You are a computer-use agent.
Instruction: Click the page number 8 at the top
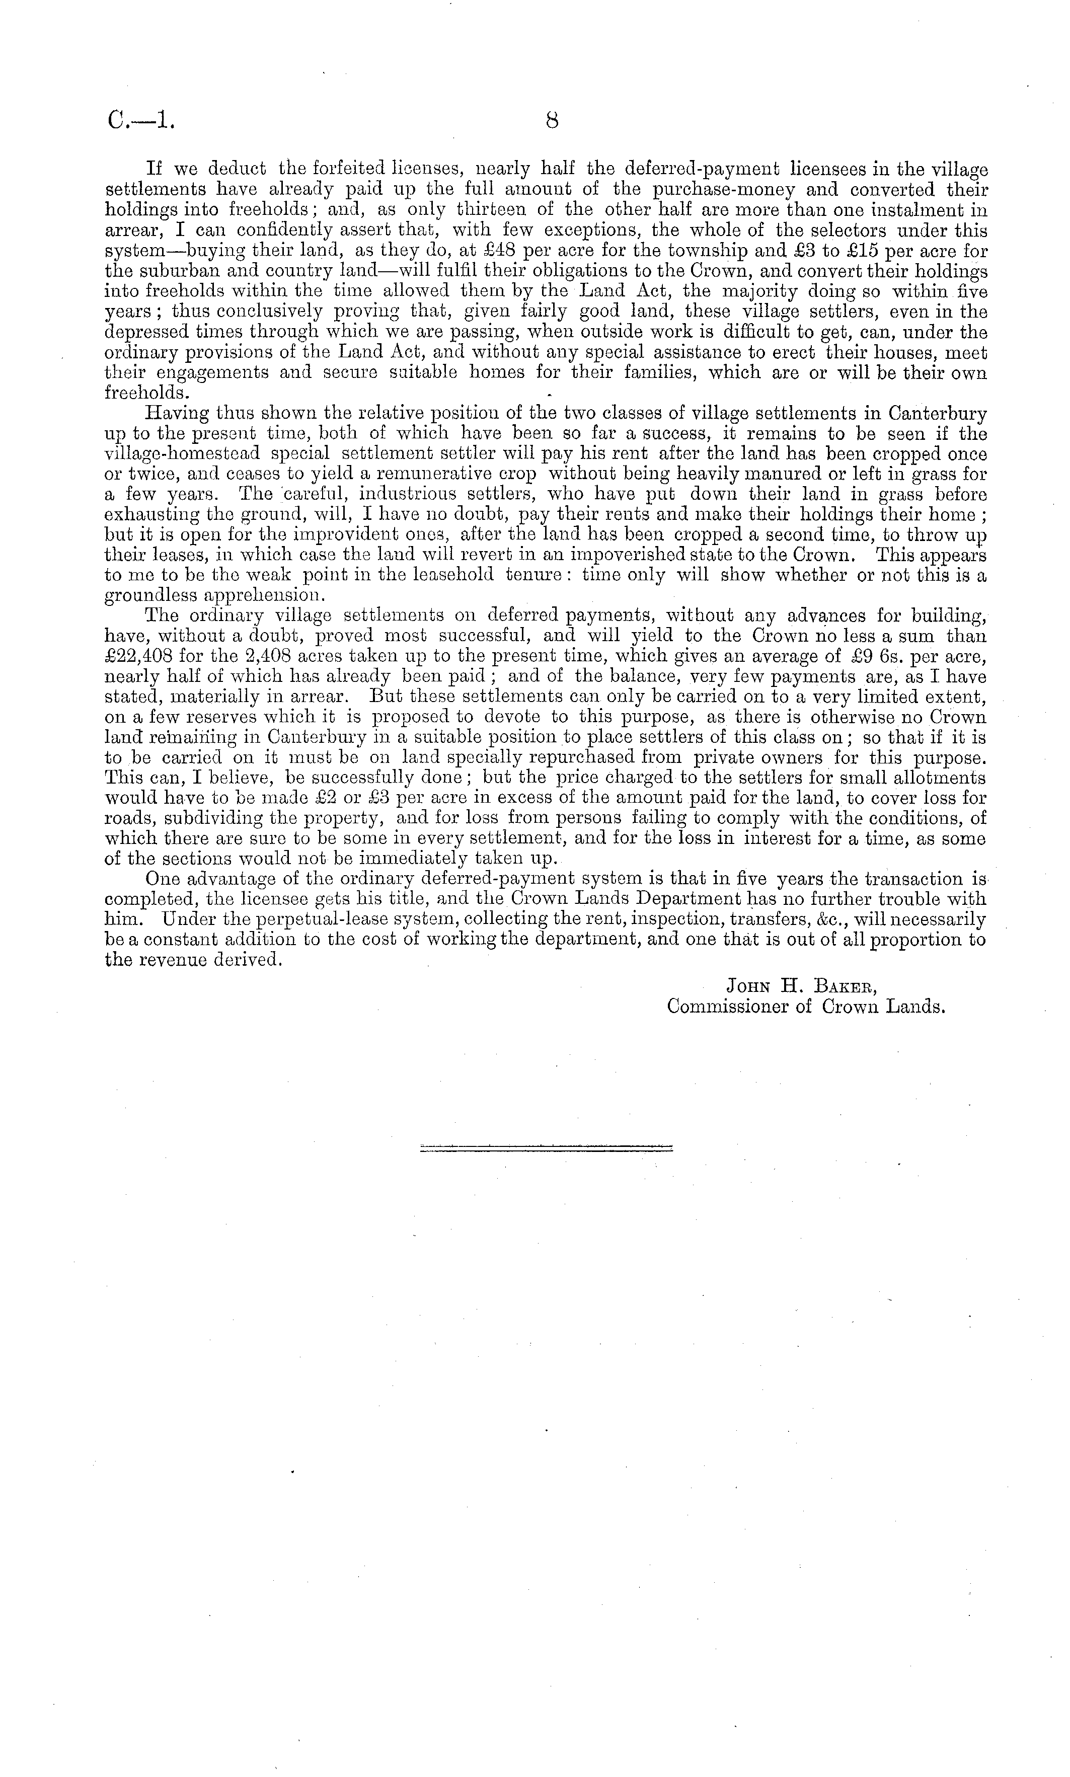coord(552,121)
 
